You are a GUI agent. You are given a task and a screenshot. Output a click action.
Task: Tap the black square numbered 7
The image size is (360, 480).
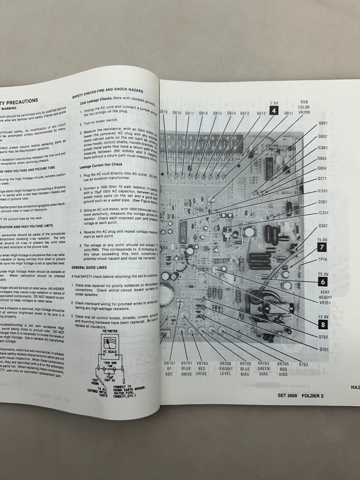322,247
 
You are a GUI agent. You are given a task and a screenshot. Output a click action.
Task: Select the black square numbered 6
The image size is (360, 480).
323,282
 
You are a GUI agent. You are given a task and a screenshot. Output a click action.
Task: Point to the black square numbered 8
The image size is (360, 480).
323,324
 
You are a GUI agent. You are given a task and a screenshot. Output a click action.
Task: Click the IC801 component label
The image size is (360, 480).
322,148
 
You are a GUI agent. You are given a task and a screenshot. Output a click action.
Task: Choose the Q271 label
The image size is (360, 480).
322,179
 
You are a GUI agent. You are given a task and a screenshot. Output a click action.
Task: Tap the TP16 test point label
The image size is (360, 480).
322,259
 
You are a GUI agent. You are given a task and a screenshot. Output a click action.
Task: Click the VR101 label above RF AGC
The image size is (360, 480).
169,363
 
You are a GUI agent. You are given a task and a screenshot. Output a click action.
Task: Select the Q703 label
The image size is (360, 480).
303,364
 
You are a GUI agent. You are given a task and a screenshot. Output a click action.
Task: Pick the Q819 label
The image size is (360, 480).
163,112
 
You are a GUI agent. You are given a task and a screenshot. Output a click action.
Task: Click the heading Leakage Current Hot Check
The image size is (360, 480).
101,165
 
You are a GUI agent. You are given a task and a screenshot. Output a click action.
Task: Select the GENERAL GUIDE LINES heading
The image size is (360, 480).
89,267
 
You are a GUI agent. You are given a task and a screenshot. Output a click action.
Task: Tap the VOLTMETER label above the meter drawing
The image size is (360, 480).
110,331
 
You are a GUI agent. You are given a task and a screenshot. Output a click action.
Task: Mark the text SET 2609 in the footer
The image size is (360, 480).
287,395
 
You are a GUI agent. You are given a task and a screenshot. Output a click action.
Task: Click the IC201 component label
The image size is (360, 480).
322,191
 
